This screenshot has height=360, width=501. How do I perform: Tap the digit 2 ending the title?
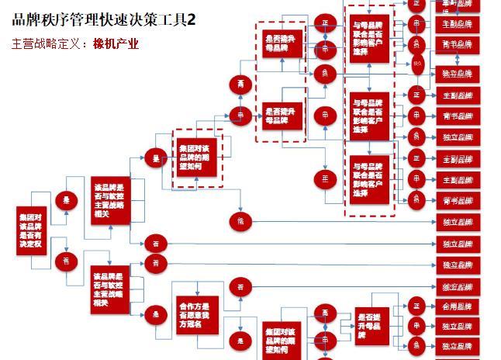(191, 19)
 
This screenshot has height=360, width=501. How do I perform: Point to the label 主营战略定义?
(47, 43)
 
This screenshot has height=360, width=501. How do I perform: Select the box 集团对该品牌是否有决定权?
(35, 230)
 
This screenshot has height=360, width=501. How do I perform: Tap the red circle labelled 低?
(240, 221)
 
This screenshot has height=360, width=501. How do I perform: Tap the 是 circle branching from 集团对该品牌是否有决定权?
(65, 199)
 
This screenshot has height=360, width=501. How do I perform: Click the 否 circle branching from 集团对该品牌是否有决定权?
(65, 260)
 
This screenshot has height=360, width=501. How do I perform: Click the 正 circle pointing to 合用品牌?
(416, 305)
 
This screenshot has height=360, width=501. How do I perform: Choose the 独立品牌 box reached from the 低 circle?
(457, 222)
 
